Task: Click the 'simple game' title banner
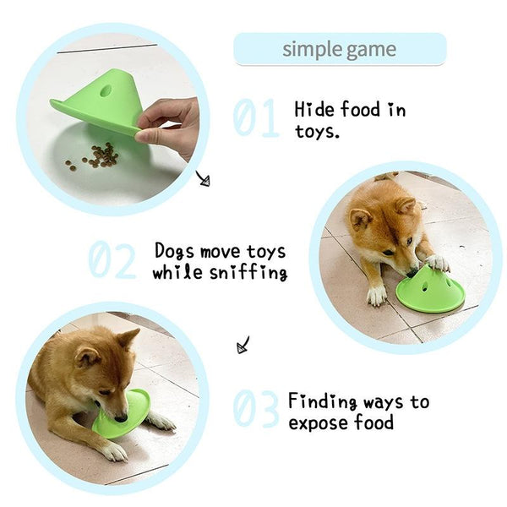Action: [x=340, y=49]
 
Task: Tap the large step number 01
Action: [x=256, y=117]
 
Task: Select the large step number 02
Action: [x=112, y=259]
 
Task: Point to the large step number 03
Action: [x=255, y=409]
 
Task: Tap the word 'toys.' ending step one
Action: [x=317, y=131]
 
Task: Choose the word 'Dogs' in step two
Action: [x=174, y=251]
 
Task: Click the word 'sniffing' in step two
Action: [x=248, y=273]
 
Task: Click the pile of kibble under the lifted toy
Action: [x=95, y=155]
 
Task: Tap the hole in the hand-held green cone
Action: [x=106, y=90]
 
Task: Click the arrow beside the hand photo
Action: [x=204, y=179]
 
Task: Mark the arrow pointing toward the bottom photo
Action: [x=243, y=345]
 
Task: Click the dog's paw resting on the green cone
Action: [x=437, y=263]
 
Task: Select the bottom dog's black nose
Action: [x=121, y=418]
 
